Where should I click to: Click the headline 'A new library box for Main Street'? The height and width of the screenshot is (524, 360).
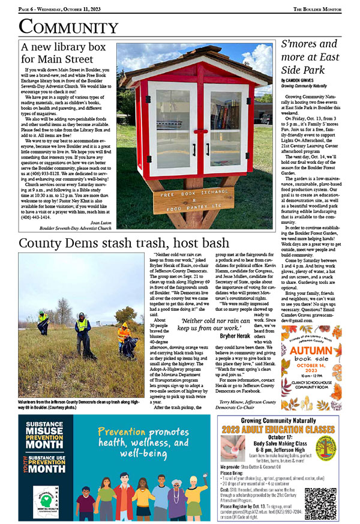tap(63, 53)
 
